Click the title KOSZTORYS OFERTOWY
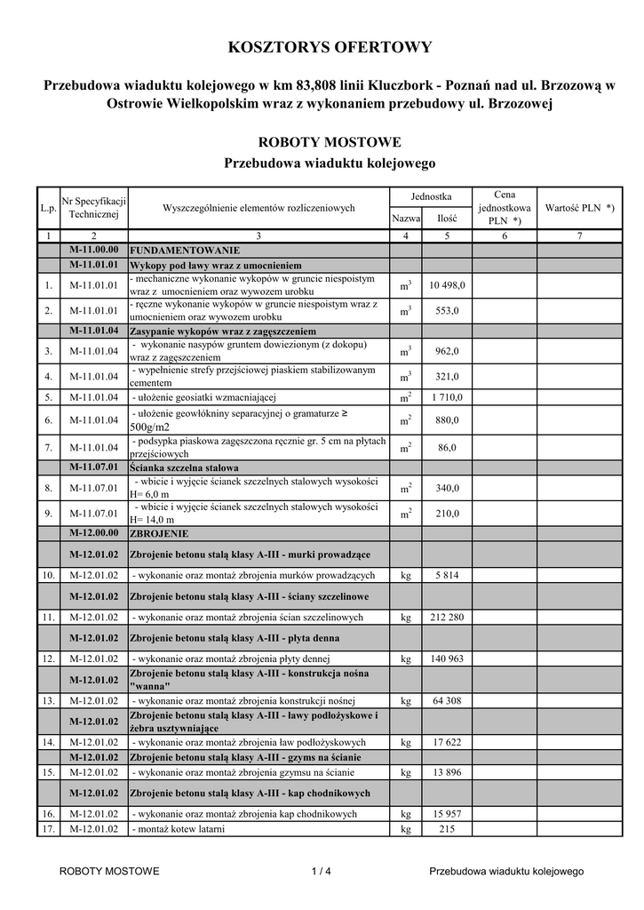point(330,47)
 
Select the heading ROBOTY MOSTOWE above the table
point(330,141)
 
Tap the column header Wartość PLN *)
point(579,207)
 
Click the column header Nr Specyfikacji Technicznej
point(94,208)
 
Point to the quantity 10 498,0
point(447,285)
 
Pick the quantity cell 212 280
point(447,617)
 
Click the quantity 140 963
point(447,659)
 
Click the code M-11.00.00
point(94,251)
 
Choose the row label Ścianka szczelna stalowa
point(184,467)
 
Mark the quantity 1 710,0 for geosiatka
point(447,396)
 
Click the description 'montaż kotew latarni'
point(179,829)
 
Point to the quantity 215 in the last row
point(447,829)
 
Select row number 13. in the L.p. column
point(48,701)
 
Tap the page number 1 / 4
point(322,872)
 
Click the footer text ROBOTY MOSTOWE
point(109,872)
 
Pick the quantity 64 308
point(447,701)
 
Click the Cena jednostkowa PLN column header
point(504,207)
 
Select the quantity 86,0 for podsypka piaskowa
point(447,447)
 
